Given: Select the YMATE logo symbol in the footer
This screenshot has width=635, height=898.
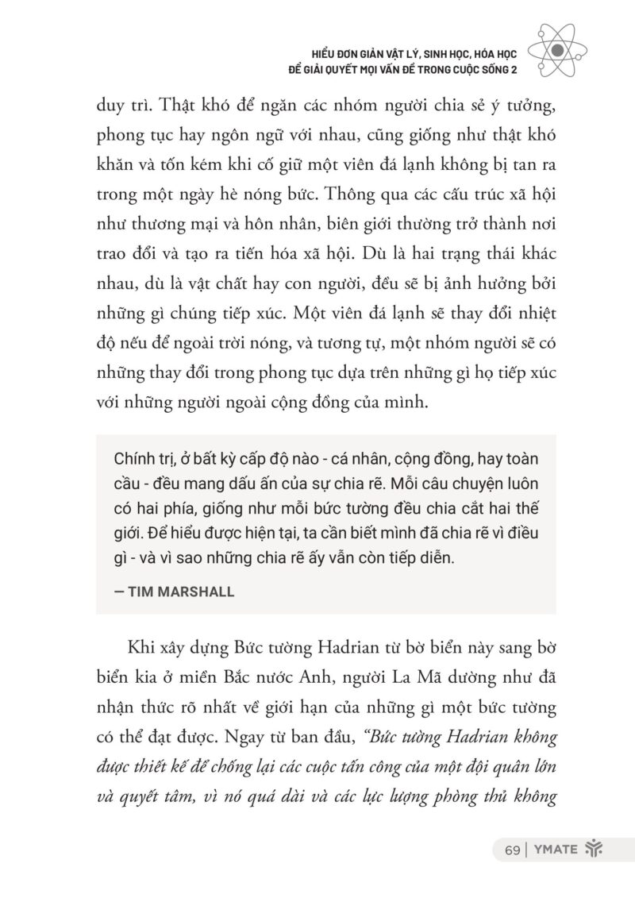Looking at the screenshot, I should (594, 850).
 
